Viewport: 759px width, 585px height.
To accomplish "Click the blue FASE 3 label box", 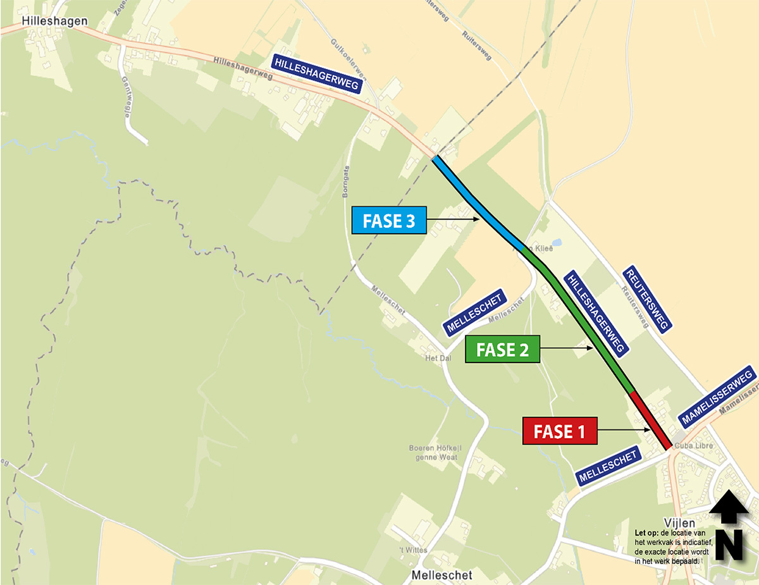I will coord(389,221).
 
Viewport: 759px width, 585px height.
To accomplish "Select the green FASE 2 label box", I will coord(502,349).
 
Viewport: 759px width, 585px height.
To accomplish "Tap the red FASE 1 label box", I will coord(560,431).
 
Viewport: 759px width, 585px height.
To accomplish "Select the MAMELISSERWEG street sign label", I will coord(718,398).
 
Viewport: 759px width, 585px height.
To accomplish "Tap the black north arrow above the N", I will coord(728,507).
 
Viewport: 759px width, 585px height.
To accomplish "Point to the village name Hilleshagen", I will coord(54,21).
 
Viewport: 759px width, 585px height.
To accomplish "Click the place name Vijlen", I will coord(680,523).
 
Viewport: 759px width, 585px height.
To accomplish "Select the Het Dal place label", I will coord(438,358).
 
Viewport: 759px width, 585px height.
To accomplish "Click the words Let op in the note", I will coord(645,533).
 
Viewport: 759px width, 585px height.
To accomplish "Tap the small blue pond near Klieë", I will coord(556,242).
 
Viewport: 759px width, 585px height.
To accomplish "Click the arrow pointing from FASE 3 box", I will coord(453,220).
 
